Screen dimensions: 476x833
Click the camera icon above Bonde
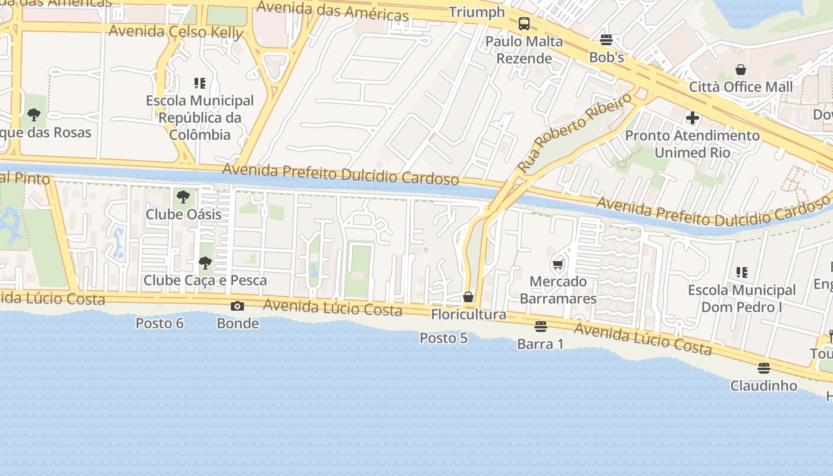[x=237, y=306]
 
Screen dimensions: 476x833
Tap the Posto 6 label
[x=159, y=323]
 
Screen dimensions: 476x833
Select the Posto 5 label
[x=443, y=338]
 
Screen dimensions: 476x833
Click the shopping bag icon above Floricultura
[x=468, y=297]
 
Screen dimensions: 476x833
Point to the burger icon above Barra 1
[x=540, y=327]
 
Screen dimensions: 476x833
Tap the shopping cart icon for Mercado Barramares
[x=558, y=264]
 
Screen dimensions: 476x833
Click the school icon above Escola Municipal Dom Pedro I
[x=741, y=273]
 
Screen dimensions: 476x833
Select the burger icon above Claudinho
[x=764, y=368]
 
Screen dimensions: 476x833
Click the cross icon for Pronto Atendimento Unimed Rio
[x=692, y=118]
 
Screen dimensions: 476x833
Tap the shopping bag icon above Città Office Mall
[x=741, y=70]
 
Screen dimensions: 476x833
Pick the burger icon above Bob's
[x=606, y=40]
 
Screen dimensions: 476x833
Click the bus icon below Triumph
[x=524, y=24]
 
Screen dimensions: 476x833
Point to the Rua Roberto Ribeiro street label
[x=575, y=133]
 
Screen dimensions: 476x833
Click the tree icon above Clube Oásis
[x=183, y=196]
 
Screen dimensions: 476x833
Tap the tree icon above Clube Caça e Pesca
[x=205, y=262]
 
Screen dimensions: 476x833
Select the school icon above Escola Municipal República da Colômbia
[x=200, y=83]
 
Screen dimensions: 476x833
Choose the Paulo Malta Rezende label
[x=524, y=50]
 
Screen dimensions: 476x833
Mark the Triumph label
[x=477, y=12]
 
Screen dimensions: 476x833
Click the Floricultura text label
[x=468, y=314]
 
